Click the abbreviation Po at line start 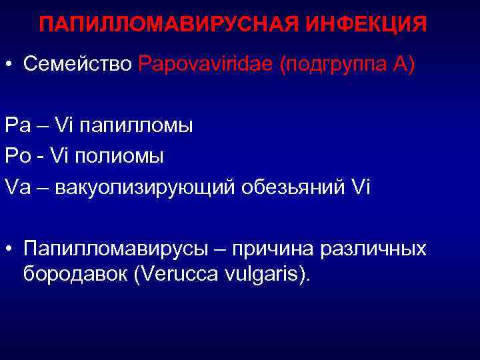pos(17,157)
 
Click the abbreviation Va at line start pos(17,187)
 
